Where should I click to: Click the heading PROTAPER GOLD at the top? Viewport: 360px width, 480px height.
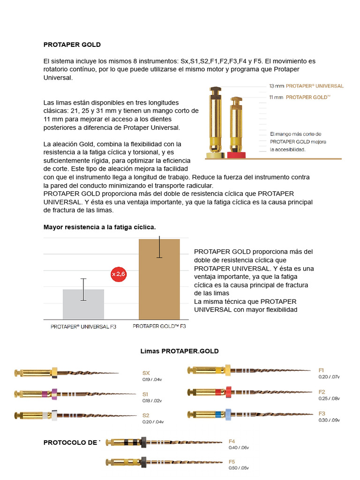(x=72, y=45)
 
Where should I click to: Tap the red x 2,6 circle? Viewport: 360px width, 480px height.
(x=119, y=274)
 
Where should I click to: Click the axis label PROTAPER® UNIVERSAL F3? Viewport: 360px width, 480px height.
(x=83, y=326)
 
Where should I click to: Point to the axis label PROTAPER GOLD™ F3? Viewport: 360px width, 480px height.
(x=159, y=326)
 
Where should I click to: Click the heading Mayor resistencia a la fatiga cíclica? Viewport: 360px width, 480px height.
(x=99, y=227)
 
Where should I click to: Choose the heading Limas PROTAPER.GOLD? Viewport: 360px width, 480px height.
(x=180, y=351)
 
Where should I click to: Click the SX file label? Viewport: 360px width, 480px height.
(x=146, y=373)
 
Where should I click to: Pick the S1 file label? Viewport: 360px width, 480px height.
(x=145, y=394)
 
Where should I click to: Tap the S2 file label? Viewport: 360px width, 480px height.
(x=146, y=415)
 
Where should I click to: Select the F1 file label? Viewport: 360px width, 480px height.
(x=322, y=370)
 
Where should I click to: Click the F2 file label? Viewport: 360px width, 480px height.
(x=322, y=391)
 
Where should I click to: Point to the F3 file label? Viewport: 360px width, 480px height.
(x=322, y=413)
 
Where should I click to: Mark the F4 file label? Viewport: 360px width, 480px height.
(x=232, y=441)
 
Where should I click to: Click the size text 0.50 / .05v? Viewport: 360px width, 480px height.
(x=239, y=468)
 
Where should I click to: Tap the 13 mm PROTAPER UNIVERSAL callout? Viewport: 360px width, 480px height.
(x=306, y=86)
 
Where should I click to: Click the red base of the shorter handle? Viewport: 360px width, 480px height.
(x=236, y=155)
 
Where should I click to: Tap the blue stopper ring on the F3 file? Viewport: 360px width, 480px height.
(x=228, y=414)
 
